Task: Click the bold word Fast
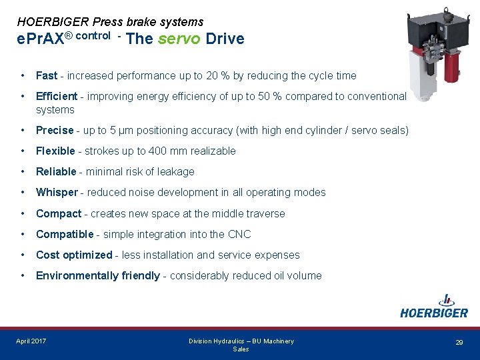pyautogui.click(x=47, y=76)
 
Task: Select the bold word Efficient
pyautogui.click(x=57, y=97)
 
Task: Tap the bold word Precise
pyautogui.click(x=55, y=131)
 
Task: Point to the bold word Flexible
pyautogui.click(x=56, y=151)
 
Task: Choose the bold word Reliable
pyautogui.click(x=56, y=172)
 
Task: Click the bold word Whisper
pyautogui.click(x=57, y=193)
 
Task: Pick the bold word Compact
pyautogui.click(x=58, y=214)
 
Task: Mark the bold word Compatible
pyautogui.click(x=65, y=235)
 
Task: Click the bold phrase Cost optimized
pyautogui.click(x=74, y=255)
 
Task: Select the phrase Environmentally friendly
pyautogui.click(x=97, y=276)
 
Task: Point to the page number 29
pyautogui.click(x=459, y=343)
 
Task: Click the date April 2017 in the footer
pyautogui.click(x=31, y=341)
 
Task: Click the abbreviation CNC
pyautogui.click(x=239, y=235)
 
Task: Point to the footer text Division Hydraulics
pyautogui.click(x=220, y=341)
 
